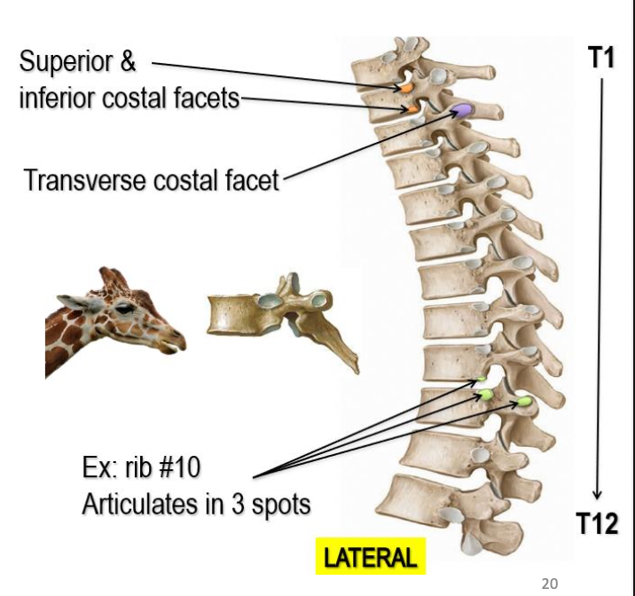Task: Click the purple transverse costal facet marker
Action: tap(461, 110)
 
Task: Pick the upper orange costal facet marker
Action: tap(404, 89)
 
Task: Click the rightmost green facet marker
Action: tap(524, 402)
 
